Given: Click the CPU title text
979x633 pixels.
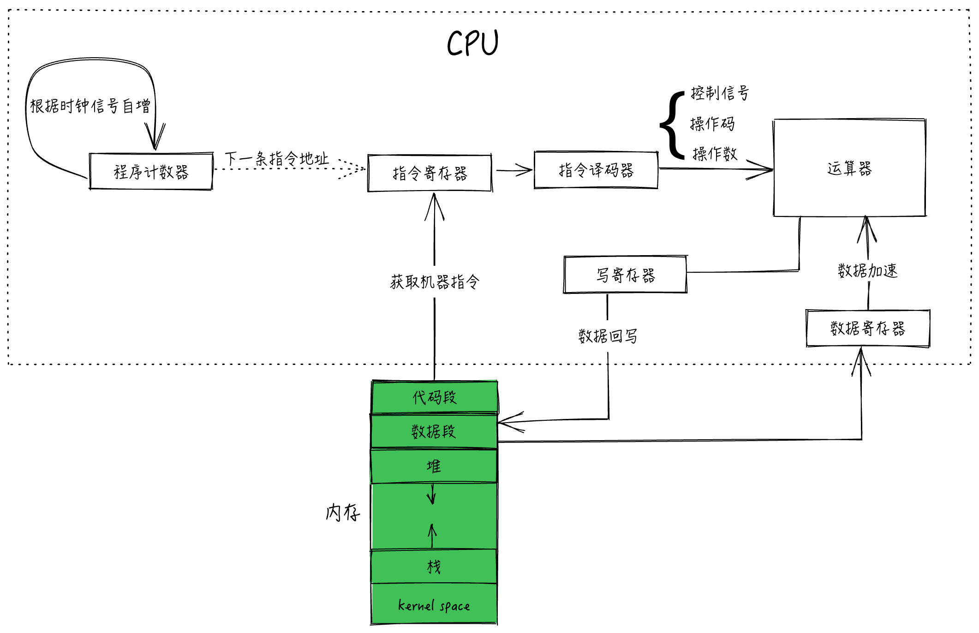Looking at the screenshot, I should click(x=473, y=43).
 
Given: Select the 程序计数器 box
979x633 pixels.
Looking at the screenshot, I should click(x=151, y=172).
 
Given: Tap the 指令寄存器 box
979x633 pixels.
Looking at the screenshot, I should click(x=430, y=173).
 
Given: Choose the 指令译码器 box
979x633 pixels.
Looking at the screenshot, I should click(x=596, y=170).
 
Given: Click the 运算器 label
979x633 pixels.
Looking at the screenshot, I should click(x=849, y=168).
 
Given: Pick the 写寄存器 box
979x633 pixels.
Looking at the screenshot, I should click(x=625, y=275).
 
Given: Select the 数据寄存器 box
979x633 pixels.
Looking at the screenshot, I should click(x=867, y=328).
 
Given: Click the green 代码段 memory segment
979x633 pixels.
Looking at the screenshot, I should click(x=434, y=397).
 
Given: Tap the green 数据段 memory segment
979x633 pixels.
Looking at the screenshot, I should click(x=434, y=432).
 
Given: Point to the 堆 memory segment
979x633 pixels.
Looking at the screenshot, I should click(x=434, y=466).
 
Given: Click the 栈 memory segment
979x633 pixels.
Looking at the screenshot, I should click(x=434, y=567).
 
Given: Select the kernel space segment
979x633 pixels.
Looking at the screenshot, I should click(x=434, y=605).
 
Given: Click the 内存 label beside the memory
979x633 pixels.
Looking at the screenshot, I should click(x=342, y=513).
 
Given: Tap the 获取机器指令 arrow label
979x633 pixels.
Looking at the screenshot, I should click(x=435, y=281).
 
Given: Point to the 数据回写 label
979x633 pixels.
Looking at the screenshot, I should click(x=608, y=336).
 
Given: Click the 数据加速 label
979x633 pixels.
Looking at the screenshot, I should click(x=868, y=270).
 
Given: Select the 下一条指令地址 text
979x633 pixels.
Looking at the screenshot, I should click(x=277, y=159).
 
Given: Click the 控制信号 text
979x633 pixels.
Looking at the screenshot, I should click(x=719, y=93).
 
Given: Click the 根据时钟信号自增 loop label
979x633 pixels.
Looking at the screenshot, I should click(x=90, y=106).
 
